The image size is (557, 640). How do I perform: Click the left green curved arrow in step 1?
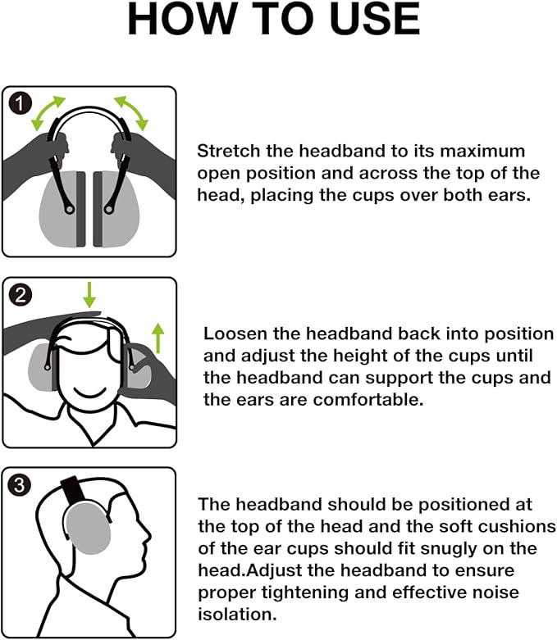click(48, 113)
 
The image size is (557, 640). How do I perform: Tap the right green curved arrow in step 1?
click(130, 113)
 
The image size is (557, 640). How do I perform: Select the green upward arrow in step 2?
click(159, 336)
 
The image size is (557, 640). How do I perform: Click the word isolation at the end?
click(235, 613)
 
